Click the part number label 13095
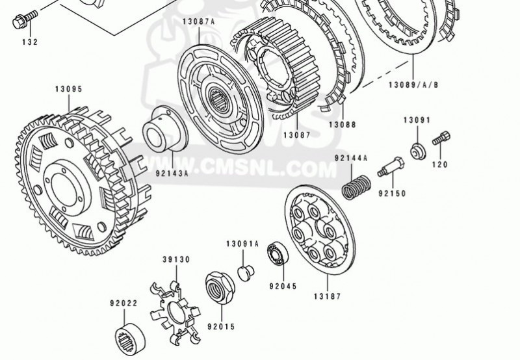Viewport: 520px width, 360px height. [69, 89]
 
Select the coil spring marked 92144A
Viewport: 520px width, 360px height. [356, 187]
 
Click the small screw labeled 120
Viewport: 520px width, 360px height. [441, 138]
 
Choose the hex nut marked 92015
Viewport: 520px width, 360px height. [220, 286]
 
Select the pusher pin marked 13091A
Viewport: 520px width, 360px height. [246, 273]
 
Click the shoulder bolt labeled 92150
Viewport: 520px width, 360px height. [391, 167]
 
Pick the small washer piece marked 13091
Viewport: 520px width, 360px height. [418, 151]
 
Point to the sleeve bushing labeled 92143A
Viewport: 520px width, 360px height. [165, 129]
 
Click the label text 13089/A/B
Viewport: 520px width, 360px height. [413, 85]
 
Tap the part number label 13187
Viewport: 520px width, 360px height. [328, 296]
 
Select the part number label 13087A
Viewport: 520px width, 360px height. [199, 22]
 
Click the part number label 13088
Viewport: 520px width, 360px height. [343, 125]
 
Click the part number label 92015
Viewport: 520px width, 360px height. [221, 327]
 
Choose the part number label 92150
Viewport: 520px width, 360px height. [393, 193]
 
